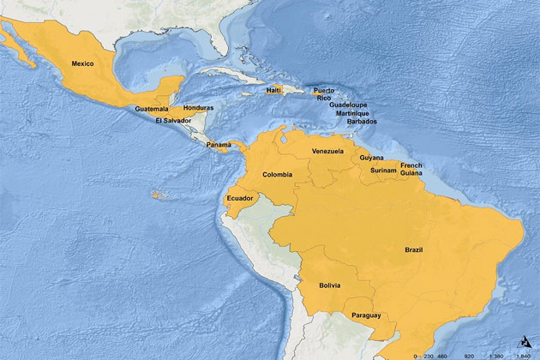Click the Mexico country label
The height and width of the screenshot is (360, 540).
(x=82, y=63)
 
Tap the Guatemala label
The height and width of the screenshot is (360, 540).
(x=152, y=109)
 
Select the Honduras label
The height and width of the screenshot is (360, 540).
(x=198, y=107)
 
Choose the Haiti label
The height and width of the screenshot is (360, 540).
(x=274, y=90)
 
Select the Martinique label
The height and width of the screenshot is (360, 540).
(x=354, y=113)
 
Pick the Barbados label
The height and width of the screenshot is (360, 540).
(x=361, y=122)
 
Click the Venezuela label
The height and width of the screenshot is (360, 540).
(x=327, y=151)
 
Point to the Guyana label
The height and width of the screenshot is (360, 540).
(x=371, y=158)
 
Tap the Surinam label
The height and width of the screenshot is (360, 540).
(x=382, y=170)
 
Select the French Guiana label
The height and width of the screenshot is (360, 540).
(x=411, y=168)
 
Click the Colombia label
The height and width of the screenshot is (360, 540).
(x=277, y=174)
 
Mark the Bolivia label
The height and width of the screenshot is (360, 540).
(x=329, y=285)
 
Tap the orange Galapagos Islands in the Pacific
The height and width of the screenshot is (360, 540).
(x=156, y=195)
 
